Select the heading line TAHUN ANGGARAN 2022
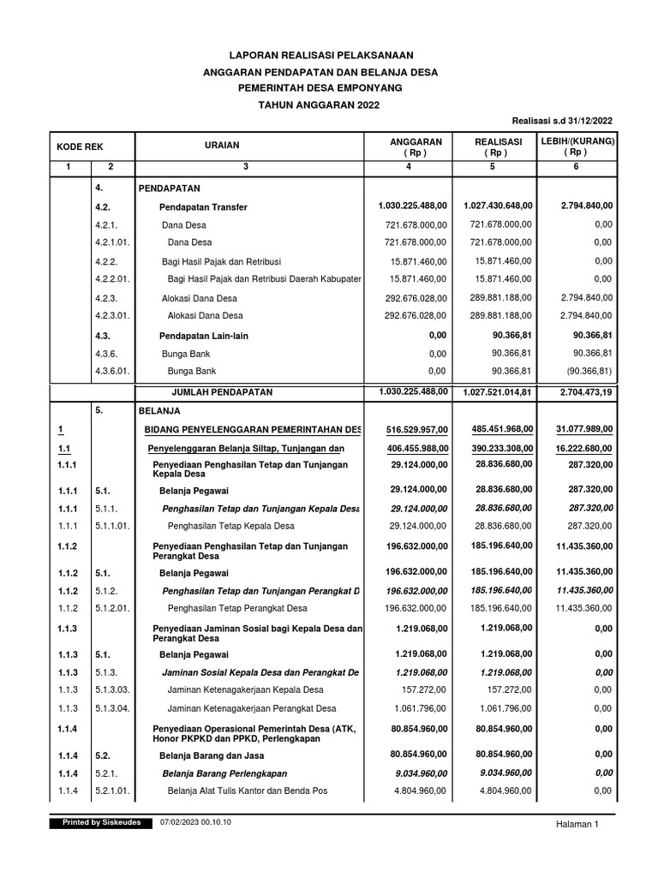318,104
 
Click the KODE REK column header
81,147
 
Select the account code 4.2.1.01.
112,242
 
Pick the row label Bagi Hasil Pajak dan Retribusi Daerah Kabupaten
264,279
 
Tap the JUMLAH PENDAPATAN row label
222,391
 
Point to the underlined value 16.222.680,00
582,448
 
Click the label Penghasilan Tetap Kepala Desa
231,525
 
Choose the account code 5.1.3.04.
112,708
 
